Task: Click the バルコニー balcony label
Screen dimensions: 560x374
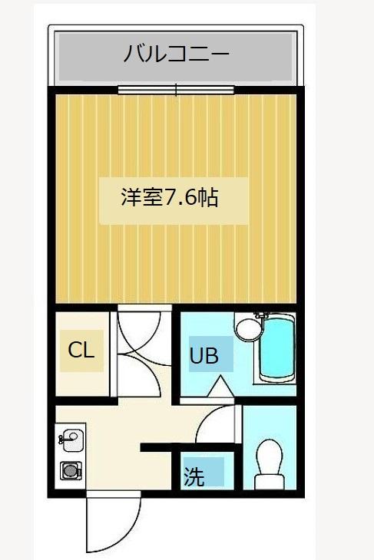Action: [x=176, y=54]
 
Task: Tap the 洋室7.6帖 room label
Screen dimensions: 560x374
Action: [x=170, y=197]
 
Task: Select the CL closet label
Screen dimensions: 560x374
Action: [x=81, y=351]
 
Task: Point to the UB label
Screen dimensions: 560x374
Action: [x=204, y=356]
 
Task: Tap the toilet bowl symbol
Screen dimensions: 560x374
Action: [x=269, y=457]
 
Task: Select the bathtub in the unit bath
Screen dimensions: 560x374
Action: [x=276, y=349]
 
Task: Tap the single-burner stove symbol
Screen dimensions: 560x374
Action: [x=71, y=470]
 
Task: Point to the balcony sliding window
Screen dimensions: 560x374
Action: [x=177, y=90]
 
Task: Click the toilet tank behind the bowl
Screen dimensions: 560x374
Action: [x=269, y=483]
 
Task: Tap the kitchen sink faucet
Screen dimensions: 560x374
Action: [x=61, y=440]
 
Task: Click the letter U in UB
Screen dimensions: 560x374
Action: [x=197, y=356]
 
